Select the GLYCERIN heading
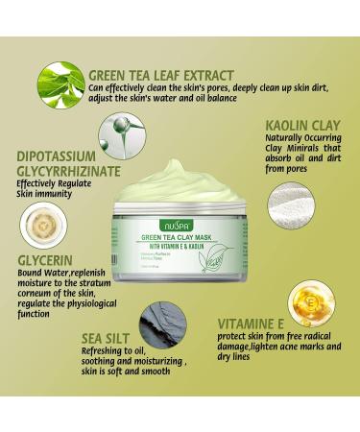click(x=36, y=258)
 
